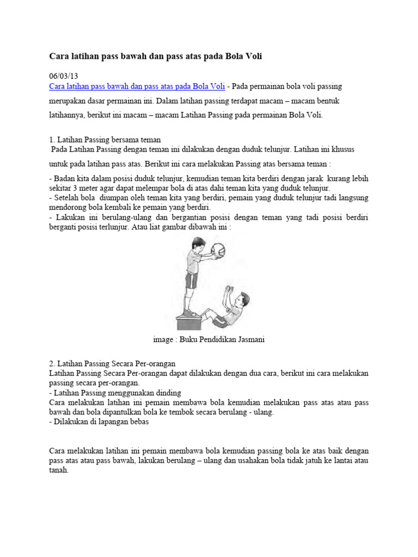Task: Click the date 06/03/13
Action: coord(63,76)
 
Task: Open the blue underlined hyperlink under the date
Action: coord(137,86)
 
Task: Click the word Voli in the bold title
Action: coord(254,56)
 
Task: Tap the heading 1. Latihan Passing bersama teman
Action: coord(105,140)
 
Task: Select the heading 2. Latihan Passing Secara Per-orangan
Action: coord(112,364)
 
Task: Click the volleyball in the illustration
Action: coord(218,250)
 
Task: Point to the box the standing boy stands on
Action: coord(189,322)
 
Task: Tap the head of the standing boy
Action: coord(196,243)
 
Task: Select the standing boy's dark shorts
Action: coord(191,280)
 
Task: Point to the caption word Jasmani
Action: coord(251,339)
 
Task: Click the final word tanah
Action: coord(59,471)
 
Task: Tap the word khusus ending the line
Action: coord(343,149)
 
